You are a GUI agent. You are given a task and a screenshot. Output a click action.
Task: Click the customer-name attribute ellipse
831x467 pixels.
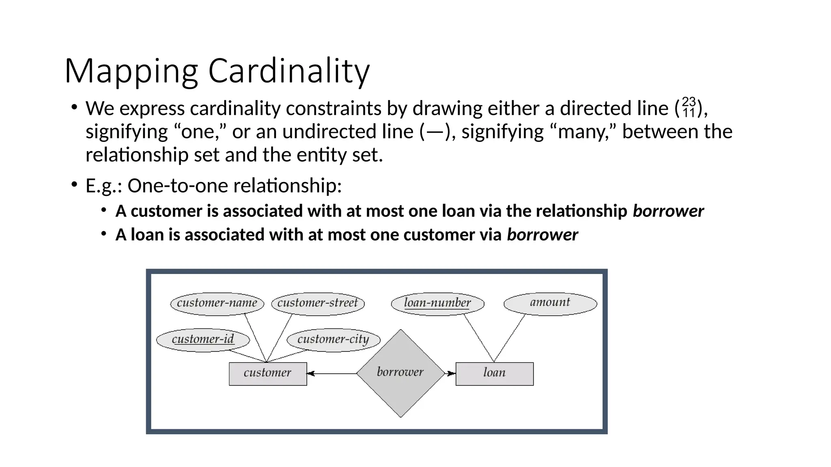[217, 303]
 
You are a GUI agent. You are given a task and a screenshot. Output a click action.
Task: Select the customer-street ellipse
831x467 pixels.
[318, 303]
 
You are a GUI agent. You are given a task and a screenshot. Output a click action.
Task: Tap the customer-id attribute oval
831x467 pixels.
[203, 340]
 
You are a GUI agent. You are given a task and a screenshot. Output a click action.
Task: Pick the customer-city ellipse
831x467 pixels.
[333, 340]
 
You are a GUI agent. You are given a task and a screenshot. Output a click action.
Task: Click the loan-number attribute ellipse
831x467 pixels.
[437, 303]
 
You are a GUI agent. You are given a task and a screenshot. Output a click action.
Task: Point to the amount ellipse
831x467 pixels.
[550, 303]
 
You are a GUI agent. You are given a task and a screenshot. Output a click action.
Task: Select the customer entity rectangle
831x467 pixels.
[268, 373]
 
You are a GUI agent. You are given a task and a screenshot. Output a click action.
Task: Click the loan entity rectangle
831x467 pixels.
[494, 373]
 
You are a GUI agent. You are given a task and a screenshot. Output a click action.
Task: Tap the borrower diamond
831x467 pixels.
[400, 373]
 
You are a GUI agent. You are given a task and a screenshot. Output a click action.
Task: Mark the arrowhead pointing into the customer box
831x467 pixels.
[310, 373]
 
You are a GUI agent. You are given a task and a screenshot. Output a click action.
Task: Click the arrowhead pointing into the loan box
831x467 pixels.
[451, 373]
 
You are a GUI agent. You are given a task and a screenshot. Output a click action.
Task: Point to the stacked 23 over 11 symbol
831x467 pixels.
[689, 107]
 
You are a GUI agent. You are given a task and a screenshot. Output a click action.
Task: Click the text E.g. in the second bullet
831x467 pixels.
[103, 186]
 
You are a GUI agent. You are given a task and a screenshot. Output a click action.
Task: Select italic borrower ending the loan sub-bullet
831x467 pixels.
[542, 235]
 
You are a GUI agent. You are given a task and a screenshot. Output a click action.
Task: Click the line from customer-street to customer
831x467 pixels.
[279, 338]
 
